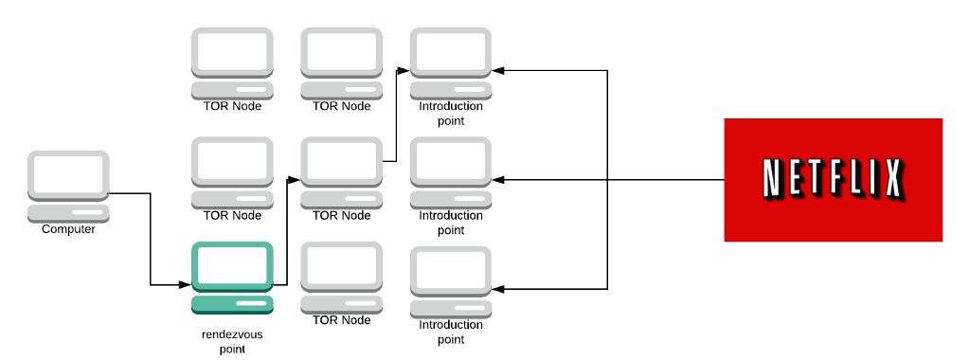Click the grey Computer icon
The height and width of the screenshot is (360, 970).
[68, 186]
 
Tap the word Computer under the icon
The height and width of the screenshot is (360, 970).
[68, 229]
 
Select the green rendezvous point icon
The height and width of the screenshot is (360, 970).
[232, 278]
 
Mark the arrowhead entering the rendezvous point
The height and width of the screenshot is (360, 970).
[186, 284]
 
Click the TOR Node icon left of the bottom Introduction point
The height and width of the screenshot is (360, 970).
[341, 278]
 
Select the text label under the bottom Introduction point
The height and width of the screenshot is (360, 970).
[451, 333]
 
